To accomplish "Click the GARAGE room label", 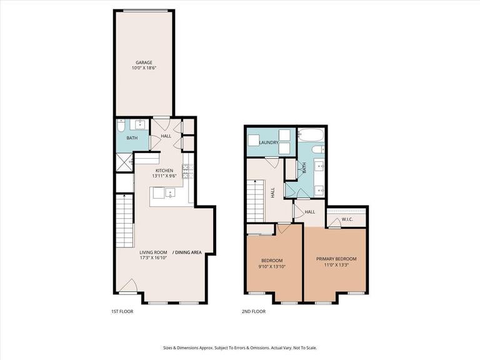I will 144,62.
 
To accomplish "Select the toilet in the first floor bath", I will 121,124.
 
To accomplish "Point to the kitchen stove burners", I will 186,171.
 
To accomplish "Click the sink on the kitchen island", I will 169,193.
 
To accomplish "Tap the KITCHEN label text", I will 164,171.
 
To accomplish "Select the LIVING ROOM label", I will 152,252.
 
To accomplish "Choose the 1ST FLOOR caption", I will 122,311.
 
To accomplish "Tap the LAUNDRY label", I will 268,142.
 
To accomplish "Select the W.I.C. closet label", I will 347,219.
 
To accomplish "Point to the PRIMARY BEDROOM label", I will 336,259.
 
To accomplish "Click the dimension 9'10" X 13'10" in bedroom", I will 271,266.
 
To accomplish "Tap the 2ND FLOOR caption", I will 254,311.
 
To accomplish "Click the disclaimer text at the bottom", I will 240,347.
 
